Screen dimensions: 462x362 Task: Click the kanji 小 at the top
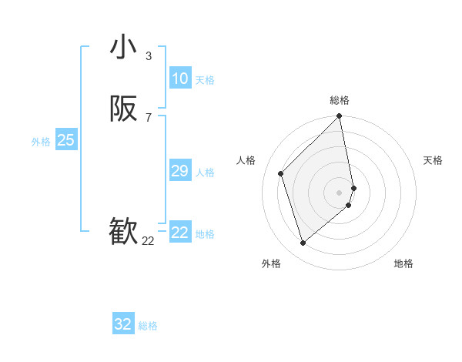point(123,48)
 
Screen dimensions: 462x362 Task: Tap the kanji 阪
point(123,110)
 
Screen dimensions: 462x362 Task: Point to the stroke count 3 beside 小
point(149,55)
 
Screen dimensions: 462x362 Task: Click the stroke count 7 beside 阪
point(149,117)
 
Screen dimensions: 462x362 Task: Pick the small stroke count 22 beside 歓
point(148,240)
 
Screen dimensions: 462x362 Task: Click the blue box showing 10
point(179,78)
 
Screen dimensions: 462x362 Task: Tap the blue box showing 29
point(179,171)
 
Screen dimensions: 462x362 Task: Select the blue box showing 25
point(65,140)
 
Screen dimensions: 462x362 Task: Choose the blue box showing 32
point(123,323)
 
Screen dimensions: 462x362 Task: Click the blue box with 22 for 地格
point(179,233)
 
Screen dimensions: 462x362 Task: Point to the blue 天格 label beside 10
point(205,79)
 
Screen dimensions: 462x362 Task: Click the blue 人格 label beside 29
point(205,173)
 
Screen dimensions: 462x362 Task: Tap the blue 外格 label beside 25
point(41,142)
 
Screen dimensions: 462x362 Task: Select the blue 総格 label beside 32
point(148,326)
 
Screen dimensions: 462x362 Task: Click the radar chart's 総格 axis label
point(340,100)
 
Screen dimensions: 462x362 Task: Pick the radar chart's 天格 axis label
point(433,160)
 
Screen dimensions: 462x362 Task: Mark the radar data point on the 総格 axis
point(340,117)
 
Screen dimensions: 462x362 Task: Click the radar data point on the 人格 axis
point(281,173)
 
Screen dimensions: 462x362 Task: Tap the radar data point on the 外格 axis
point(303,243)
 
